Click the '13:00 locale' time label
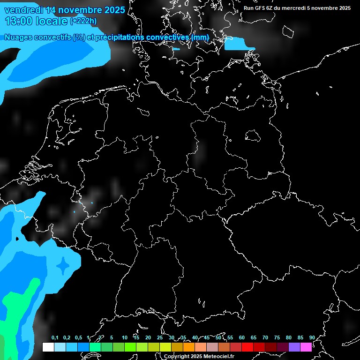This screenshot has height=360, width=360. pos(36,21)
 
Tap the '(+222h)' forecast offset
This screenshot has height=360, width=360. pos(83,21)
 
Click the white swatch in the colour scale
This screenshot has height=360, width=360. pos(48,347)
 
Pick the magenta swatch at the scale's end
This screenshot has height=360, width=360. pos(306,347)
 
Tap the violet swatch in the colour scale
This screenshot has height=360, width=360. pos(294,347)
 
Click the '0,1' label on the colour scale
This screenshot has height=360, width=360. pos(55,338)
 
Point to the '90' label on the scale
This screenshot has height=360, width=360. pos(312,338)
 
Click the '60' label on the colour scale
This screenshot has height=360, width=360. pos(242,338)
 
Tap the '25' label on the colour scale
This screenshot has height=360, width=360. pos(160,338)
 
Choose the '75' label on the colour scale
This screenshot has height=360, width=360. pos(277,338)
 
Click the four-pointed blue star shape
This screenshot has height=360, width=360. pos(62,266)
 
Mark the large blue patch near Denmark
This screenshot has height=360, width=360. pos(239,44)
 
